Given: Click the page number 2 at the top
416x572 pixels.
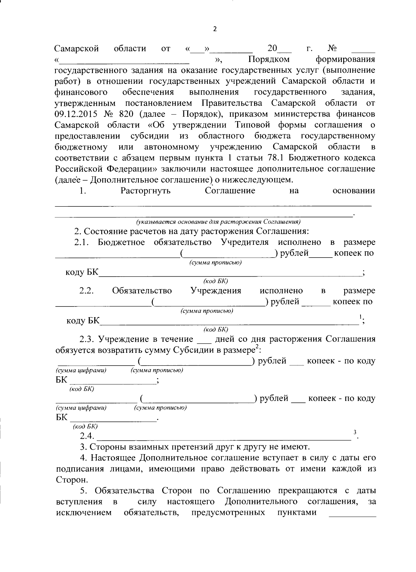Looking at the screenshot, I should click(214, 29).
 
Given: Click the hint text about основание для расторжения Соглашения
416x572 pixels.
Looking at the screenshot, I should click(218, 222).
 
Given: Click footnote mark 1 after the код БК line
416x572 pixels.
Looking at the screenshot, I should click(361, 316).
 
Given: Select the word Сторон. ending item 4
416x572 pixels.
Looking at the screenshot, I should click(72, 480).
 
